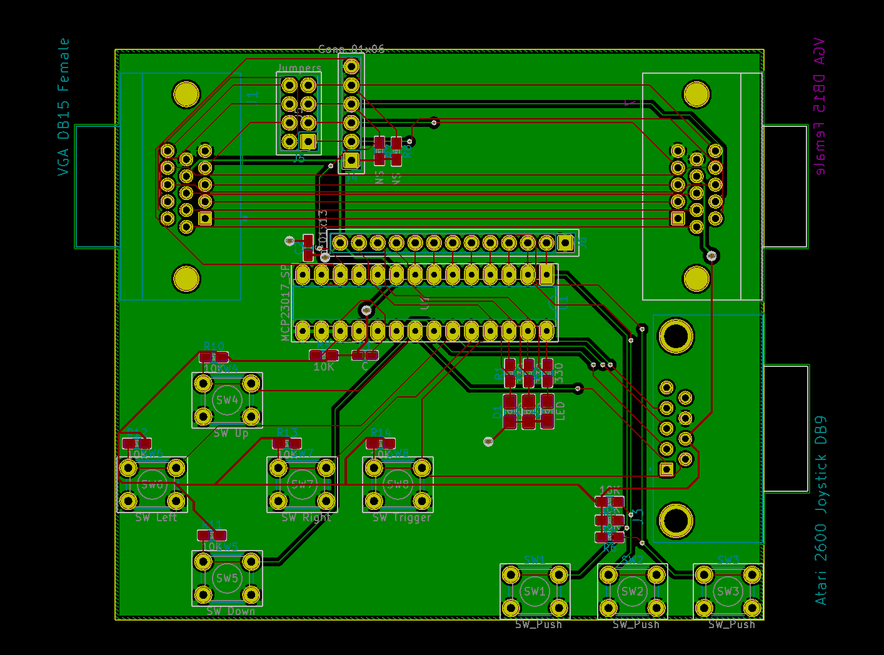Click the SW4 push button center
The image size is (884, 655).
pos(227,399)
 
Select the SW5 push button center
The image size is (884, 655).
pos(227,578)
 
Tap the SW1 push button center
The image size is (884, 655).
pos(535,591)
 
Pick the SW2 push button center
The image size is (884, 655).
pos(632,591)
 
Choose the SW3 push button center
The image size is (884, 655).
pos(728,591)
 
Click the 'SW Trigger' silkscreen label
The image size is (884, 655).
pos(401,517)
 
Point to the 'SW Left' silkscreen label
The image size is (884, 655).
pos(156,517)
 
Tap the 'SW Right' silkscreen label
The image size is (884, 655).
pos(306,517)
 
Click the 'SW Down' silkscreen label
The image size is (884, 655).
pos(231,611)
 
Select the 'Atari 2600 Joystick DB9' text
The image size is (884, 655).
pos(821,510)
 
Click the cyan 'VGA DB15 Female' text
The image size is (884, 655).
pos(63,106)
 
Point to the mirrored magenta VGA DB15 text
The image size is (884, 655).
pos(819,106)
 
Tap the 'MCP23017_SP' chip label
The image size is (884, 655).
pos(285,303)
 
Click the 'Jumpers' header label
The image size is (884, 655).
pos(299,67)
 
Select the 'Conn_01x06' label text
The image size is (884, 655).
pos(351,49)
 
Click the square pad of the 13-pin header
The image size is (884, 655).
pos(565,242)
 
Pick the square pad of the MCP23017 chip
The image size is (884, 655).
pos(546,274)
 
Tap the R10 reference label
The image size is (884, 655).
pos(214,347)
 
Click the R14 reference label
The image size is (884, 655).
pos(380,432)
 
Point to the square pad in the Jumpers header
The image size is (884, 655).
pos(308,141)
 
